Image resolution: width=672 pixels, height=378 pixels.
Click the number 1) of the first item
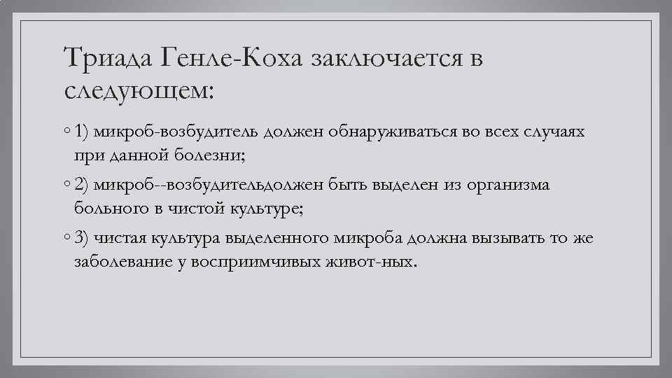pos(83,131)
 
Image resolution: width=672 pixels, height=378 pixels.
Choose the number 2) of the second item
pos(83,185)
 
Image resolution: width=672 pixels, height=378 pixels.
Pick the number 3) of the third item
pos(83,239)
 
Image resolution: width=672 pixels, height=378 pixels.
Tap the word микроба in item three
pos(368,239)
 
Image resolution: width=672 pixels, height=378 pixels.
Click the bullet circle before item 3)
pos(65,239)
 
